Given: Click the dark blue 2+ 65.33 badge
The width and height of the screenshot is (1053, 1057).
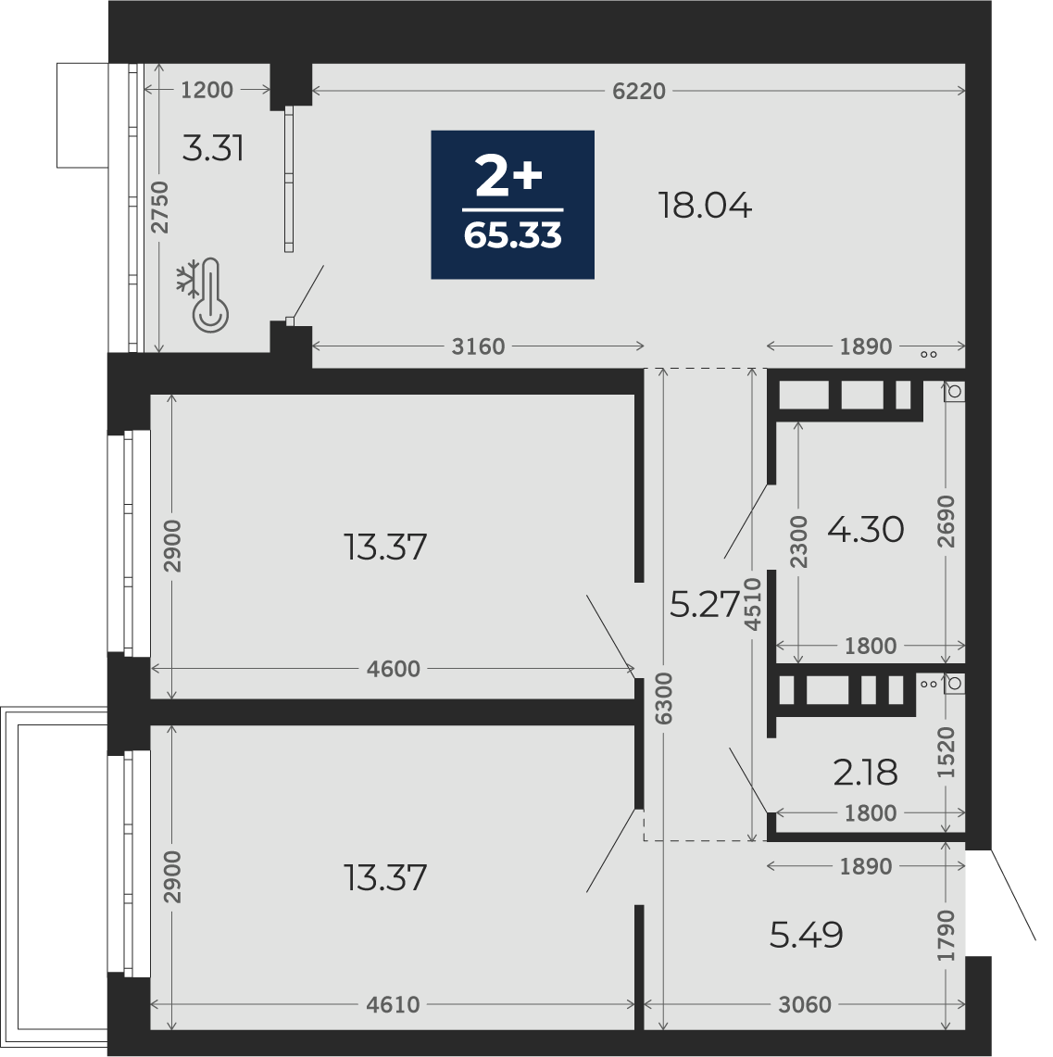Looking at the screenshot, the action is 513,204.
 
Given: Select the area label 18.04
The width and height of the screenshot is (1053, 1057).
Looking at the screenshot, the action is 705,206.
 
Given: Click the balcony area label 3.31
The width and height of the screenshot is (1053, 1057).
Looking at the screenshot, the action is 213,148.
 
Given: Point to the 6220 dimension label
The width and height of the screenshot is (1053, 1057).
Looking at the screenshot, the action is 639,91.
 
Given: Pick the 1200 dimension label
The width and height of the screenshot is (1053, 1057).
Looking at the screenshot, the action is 207,90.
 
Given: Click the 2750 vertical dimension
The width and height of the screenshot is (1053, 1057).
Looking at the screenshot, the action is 159,208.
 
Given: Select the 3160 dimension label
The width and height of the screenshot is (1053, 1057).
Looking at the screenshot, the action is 478,346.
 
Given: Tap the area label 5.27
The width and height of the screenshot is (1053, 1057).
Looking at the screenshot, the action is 705,604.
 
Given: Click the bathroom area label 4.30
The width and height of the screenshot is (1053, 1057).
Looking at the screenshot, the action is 866,530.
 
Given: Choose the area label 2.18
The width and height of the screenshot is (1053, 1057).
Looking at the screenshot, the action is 866,773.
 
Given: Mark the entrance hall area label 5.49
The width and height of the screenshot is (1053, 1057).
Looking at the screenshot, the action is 807,935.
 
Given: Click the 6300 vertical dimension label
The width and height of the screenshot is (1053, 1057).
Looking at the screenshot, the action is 664,698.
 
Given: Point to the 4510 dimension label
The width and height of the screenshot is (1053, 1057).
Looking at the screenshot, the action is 753,604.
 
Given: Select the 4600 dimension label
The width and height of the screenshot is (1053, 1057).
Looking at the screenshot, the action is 394,670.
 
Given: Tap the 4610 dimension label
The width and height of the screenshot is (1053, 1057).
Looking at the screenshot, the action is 394,1005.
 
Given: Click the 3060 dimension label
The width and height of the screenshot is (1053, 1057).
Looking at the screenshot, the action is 805,1005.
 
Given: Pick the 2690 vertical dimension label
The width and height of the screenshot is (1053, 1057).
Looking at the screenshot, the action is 946,521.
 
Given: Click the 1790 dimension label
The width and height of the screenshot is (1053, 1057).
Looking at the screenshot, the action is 946,936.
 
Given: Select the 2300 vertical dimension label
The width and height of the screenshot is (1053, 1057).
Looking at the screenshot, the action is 798,541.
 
